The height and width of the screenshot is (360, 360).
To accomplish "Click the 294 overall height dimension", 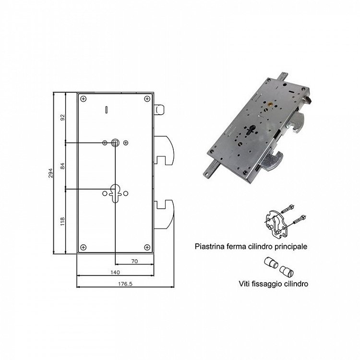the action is [x=50, y=173].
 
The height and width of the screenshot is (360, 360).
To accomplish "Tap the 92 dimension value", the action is [x=63, y=117].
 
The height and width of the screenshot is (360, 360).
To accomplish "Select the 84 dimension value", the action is [x=63, y=166].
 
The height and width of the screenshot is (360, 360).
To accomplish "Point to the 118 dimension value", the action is [x=63, y=221].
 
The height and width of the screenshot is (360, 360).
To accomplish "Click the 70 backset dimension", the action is [x=134, y=261].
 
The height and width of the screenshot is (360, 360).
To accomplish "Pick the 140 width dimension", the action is [x=115, y=272].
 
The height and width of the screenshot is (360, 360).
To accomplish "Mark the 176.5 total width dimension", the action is [x=125, y=284].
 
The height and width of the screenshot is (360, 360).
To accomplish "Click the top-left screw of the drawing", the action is [x=84, y=99].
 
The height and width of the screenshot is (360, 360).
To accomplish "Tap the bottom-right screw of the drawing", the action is [x=147, y=247].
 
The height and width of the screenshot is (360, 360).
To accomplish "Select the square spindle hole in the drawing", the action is [x=115, y=143].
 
